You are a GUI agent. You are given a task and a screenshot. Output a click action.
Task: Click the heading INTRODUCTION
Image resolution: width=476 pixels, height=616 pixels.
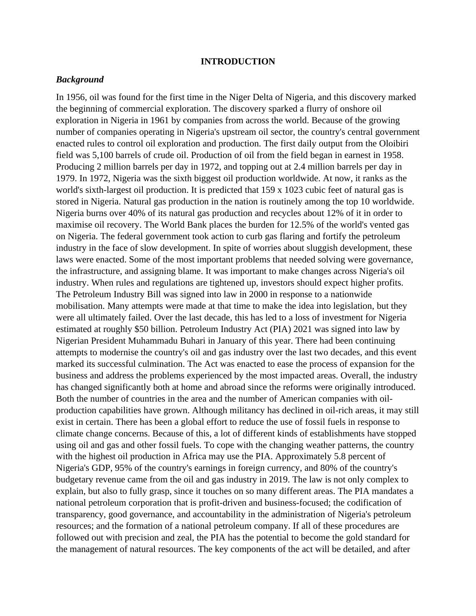[x=238, y=62]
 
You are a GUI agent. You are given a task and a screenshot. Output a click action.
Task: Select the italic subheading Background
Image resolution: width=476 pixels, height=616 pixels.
[x=80, y=80]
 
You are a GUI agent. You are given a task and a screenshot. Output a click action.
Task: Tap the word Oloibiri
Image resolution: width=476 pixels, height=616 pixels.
[x=392, y=144]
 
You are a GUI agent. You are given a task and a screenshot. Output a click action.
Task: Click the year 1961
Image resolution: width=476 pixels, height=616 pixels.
[x=160, y=120]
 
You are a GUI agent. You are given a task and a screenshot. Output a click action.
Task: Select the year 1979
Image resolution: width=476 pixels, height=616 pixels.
[x=65, y=178]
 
